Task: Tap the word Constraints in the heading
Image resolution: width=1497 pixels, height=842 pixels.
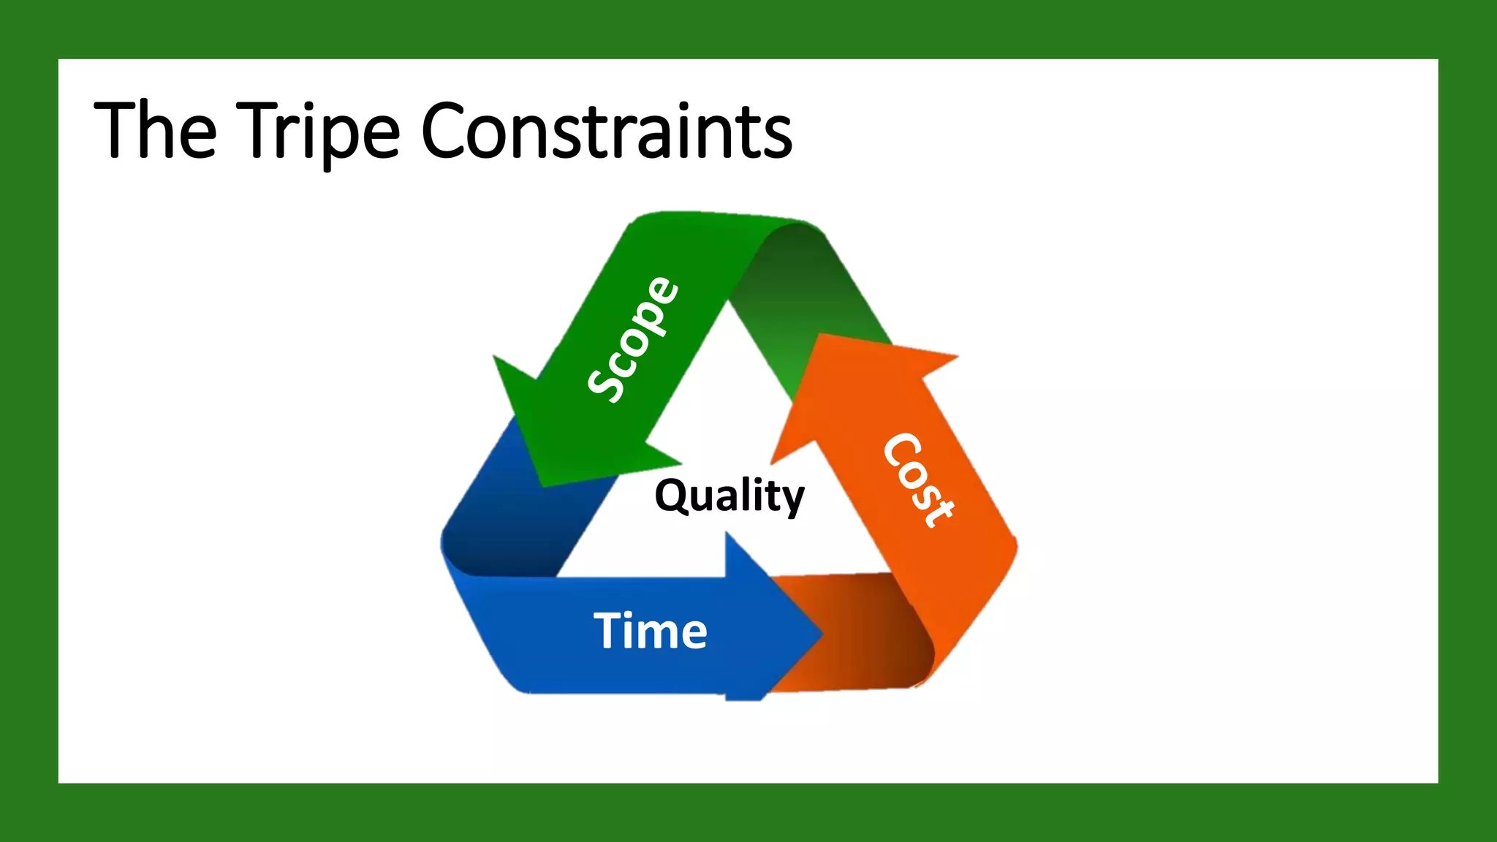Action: (607, 132)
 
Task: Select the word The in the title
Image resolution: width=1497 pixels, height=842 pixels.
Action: (156, 132)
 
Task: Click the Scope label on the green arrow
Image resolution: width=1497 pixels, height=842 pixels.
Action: (634, 339)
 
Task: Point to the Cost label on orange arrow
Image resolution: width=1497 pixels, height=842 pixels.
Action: (919, 480)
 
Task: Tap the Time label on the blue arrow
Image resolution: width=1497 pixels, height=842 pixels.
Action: (650, 631)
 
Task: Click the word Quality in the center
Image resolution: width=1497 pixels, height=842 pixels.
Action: (729, 496)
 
